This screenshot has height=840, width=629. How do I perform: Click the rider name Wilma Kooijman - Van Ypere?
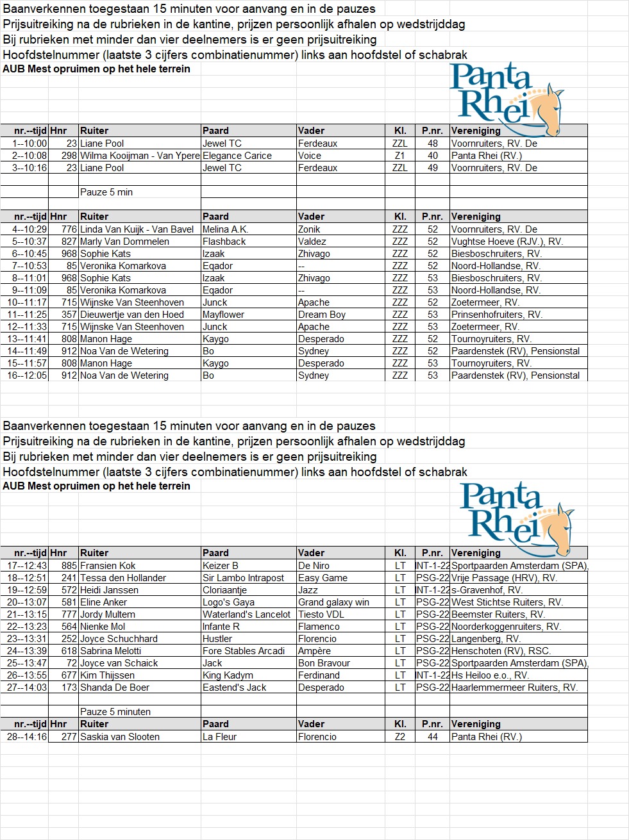click(140, 156)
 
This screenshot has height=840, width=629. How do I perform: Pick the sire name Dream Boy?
click(322, 315)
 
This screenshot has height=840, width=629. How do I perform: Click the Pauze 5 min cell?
click(106, 192)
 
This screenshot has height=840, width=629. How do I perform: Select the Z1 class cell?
click(399, 156)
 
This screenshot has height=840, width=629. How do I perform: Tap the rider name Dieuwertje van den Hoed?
click(131, 315)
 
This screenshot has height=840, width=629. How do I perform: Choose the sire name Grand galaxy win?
click(333, 602)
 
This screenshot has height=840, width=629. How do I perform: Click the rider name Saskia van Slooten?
click(120, 737)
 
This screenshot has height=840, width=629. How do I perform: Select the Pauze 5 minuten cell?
click(115, 712)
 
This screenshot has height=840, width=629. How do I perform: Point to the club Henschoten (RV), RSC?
click(501, 651)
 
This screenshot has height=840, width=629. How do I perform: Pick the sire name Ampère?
click(314, 651)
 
